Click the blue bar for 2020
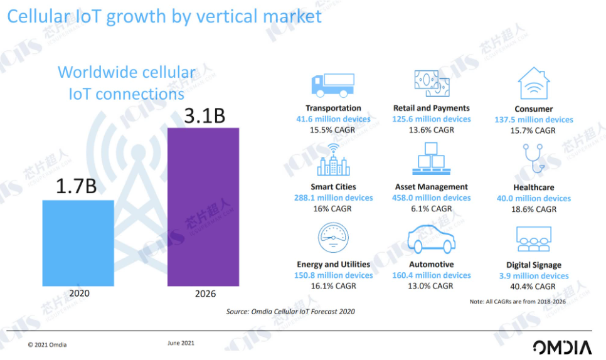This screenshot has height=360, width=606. pyautogui.click(x=78, y=241)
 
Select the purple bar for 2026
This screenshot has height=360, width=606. pyautogui.click(x=203, y=207)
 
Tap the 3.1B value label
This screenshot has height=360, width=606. pyautogui.click(x=204, y=115)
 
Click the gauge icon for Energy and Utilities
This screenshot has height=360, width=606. pyautogui.click(x=333, y=239)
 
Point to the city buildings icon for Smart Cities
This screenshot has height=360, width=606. pyautogui.click(x=332, y=161)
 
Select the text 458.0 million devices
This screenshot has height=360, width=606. pyautogui.click(x=432, y=198)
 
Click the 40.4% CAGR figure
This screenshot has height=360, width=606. pyautogui.click(x=533, y=286)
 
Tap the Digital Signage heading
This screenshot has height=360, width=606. pyautogui.click(x=533, y=265)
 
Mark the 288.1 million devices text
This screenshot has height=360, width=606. pyautogui.click(x=333, y=198)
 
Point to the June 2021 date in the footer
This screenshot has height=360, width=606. pyautogui.click(x=181, y=343)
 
